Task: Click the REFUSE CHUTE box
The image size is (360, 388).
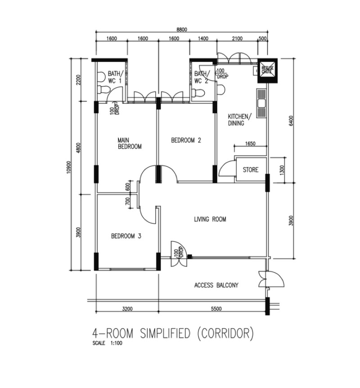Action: tap(267, 71)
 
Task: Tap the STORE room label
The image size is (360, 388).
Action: tap(251, 170)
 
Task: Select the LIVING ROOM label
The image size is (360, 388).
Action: tap(210, 219)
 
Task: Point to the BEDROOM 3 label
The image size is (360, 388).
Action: tap(126, 236)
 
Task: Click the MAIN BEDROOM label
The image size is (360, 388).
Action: tap(130, 143)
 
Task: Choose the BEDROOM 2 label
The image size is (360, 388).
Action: tap(186, 140)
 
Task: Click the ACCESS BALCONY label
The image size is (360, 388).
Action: tap(216, 285)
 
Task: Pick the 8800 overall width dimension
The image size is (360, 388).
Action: tap(182, 29)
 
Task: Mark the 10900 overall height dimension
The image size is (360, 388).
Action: tap(68, 167)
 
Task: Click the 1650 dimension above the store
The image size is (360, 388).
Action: tap(250, 143)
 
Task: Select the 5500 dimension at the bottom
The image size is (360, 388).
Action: tap(216, 308)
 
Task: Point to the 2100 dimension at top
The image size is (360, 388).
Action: tap(237, 38)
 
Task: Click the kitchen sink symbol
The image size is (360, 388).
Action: tap(261, 103)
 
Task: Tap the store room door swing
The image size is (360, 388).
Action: tap(226, 168)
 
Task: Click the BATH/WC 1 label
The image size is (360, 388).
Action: tap(115, 77)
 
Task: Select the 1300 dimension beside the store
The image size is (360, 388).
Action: tap(282, 170)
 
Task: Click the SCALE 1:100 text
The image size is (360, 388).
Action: tap(107, 343)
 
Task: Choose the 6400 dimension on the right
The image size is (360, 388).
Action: tap(291, 121)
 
